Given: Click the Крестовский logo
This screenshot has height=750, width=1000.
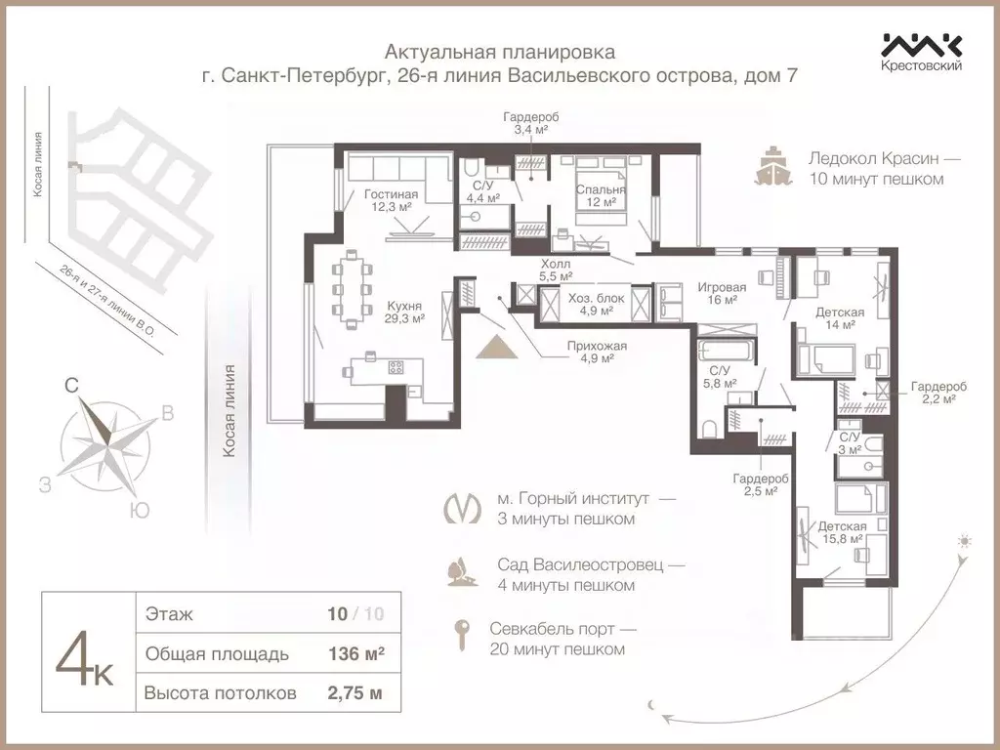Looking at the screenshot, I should coord(922,52).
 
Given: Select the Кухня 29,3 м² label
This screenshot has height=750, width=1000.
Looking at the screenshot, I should coord(403,311).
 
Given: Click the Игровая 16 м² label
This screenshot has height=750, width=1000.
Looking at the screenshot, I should coord(721,293).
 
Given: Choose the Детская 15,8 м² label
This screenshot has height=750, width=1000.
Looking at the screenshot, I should coord(841,532).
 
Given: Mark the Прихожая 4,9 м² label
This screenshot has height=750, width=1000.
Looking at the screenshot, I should coord(590,352).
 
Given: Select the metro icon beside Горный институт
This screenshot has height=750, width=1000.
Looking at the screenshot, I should coord(463,508).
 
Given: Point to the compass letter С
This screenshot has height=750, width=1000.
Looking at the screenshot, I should coord(71,387).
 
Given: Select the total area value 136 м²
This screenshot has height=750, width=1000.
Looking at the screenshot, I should coord(355,654).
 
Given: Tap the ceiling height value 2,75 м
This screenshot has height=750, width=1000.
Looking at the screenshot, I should coord(355,694).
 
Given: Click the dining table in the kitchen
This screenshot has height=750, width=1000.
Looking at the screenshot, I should coord(349,288).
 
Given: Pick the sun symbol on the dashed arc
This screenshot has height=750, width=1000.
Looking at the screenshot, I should coord(965,541).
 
